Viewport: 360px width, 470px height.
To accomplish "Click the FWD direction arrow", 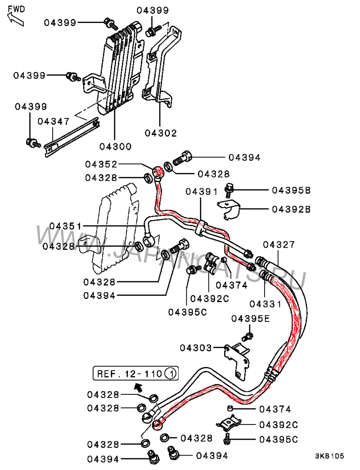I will tap(15, 18).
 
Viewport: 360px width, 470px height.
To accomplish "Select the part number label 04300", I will tap(115, 146).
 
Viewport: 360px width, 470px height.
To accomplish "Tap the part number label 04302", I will tap(161, 133).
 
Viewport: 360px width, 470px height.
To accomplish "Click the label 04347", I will tap(53, 121).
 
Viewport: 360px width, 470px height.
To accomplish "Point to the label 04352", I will tap(102, 165).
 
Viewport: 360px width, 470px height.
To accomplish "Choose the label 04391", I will tap(202, 191).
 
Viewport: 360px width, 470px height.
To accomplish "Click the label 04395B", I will tap(291, 190).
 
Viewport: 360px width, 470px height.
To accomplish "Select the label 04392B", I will tap(291, 209).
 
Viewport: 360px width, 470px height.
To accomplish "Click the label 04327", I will tap(279, 244).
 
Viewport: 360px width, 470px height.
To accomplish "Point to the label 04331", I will tap(265, 304).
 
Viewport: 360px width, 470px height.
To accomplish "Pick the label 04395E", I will tap(251, 319).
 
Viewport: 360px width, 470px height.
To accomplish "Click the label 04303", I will tap(196, 348).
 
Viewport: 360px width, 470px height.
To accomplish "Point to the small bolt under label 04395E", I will tap(247, 336).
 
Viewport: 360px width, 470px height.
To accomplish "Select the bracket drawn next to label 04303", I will tap(238, 356).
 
